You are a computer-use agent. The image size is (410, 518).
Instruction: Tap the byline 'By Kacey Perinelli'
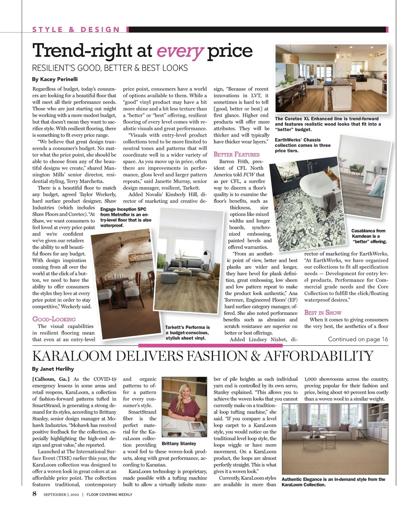(x=55, y=79)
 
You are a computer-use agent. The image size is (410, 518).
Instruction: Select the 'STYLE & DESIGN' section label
(x=76, y=29)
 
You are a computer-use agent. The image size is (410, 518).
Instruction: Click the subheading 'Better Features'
(x=236, y=154)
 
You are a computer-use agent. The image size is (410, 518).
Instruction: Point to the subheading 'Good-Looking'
(x=54, y=319)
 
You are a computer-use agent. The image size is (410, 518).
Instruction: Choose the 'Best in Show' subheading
(x=323, y=313)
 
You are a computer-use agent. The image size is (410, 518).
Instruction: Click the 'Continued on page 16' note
(x=358, y=339)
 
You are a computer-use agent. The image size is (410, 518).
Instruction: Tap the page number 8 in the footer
(x=35, y=494)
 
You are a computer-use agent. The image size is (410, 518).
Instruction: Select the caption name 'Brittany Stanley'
(x=179, y=444)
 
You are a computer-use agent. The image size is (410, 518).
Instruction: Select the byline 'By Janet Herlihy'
(x=53, y=369)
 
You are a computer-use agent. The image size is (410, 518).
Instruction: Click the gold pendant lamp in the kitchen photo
(x=295, y=57)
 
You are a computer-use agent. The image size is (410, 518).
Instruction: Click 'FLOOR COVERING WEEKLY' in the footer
(x=109, y=494)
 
